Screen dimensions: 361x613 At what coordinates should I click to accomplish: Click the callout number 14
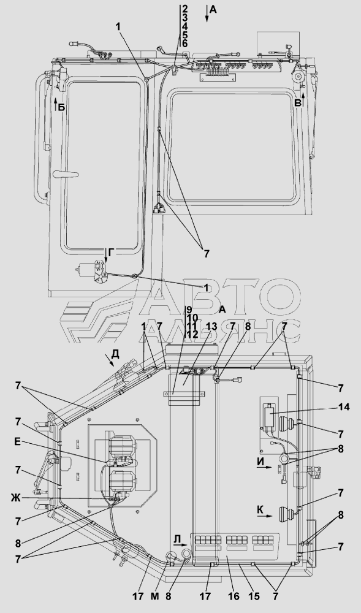[x=343, y=407]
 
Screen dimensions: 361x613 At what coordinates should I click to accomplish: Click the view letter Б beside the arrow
[x=61, y=107]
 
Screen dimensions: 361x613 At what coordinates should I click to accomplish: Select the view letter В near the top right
[x=298, y=103]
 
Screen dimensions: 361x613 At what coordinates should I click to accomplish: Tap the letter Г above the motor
[x=111, y=254]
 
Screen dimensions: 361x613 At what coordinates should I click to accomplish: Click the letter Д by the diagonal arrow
[x=115, y=354]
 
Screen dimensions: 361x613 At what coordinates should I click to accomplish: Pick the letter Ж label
[x=16, y=498]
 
